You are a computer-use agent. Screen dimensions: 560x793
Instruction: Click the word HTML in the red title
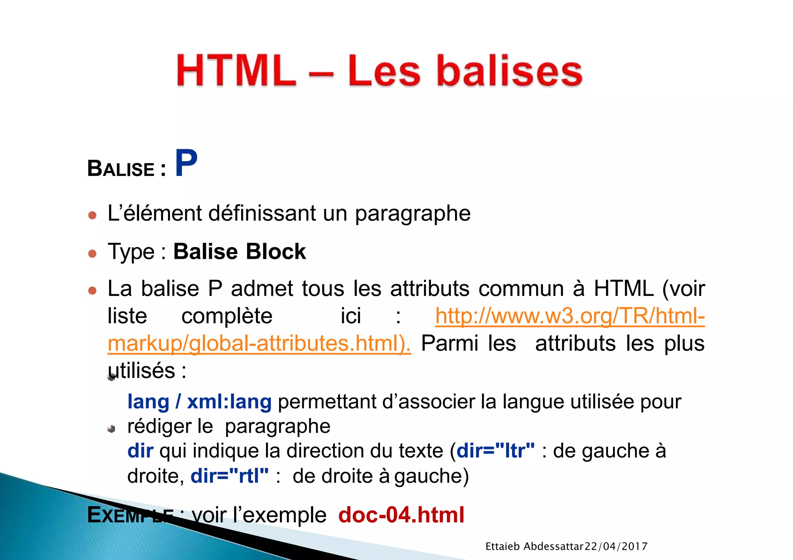click(236, 71)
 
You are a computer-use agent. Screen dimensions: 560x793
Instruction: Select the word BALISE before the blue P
click(121, 169)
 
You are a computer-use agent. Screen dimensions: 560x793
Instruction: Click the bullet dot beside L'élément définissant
click(92, 215)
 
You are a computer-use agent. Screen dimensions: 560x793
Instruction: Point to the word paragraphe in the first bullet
click(412, 214)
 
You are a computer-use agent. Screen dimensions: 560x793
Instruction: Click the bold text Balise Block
click(239, 251)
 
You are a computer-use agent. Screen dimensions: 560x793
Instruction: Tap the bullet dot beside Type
click(92, 254)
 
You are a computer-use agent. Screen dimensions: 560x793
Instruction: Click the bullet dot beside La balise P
click(92, 290)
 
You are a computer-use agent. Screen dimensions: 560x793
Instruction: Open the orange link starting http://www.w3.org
click(570, 316)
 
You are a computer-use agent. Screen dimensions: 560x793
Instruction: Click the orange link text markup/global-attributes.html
click(259, 343)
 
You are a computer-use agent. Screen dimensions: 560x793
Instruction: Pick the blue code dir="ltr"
click(496, 451)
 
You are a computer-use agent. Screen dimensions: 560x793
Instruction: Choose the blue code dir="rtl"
click(229, 476)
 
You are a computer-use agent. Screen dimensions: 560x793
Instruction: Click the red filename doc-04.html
click(401, 515)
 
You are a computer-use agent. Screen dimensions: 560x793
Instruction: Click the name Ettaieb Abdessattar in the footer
click(534, 546)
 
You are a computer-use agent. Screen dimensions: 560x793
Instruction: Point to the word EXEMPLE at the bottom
click(130, 516)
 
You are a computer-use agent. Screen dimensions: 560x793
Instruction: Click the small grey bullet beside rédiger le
click(112, 429)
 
